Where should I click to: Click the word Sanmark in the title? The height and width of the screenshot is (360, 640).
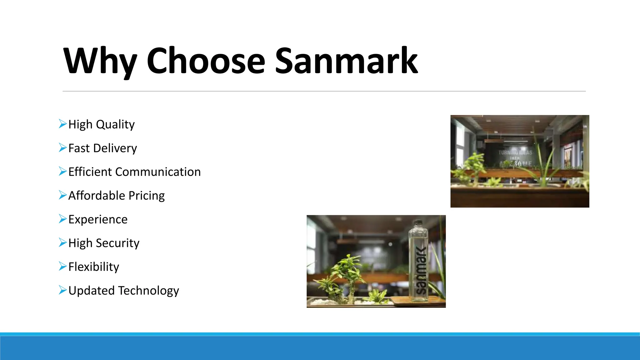click(x=346, y=61)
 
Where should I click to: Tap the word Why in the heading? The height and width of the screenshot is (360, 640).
click(x=100, y=61)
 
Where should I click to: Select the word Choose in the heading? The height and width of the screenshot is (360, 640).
click(x=206, y=61)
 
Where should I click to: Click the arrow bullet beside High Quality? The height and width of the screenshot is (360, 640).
click(x=62, y=124)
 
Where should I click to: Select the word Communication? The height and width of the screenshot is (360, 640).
click(x=158, y=172)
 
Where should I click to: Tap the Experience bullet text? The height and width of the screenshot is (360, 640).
click(x=98, y=219)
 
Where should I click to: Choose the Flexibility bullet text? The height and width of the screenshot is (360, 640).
click(x=94, y=267)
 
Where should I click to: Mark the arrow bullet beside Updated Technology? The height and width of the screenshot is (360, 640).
click(x=62, y=290)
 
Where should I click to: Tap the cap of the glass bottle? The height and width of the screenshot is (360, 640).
click(x=418, y=224)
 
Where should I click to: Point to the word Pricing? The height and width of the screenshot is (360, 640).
click(x=147, y=196)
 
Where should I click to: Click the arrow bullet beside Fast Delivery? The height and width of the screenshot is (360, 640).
click(x=62, y=148)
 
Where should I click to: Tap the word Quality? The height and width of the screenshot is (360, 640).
click(x=115, y=124)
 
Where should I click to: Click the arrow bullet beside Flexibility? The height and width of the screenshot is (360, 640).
click(x=62, y=267)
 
